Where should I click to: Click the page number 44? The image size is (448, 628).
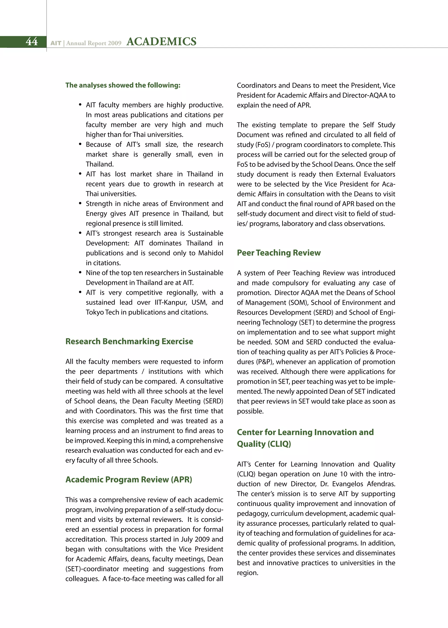tap(31, 42)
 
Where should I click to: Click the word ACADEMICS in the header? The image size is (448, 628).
tap(161, 42)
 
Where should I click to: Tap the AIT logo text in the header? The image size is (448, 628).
tap(56, 43)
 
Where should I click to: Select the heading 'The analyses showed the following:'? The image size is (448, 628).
tap(123, 85)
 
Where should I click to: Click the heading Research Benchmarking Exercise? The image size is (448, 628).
tap(129, 341)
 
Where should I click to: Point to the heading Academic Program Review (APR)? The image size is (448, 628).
tap(129, 479)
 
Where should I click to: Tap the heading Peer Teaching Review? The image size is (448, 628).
tap(279, 253)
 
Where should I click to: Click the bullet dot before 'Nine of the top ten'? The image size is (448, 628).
tap(80, 273)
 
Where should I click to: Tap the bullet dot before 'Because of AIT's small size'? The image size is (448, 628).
tap(80, 144)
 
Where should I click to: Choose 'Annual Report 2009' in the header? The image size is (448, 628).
tap(94, 43)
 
